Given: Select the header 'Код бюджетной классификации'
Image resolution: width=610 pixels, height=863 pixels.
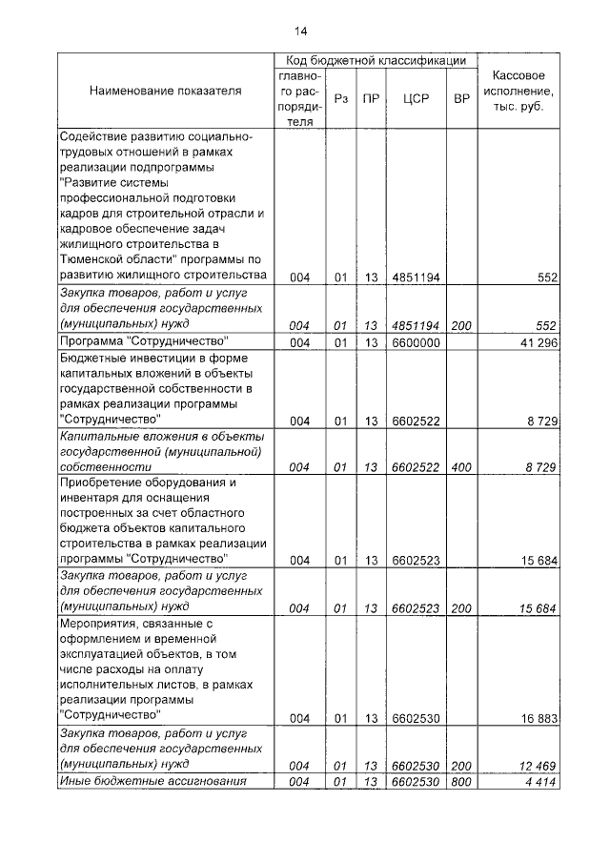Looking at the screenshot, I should point(369,60).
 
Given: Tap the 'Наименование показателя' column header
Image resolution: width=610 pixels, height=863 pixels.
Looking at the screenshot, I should point(165,91).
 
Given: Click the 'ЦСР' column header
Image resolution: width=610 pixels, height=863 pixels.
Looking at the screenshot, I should point(416,98).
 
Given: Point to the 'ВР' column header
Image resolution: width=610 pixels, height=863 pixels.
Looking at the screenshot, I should point(462,98).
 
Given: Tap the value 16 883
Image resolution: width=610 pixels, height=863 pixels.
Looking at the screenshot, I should point(536,718).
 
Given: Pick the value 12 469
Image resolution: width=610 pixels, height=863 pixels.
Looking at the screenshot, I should point(536,765).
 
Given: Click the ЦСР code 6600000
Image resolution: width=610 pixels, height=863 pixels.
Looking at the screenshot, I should point(416,341).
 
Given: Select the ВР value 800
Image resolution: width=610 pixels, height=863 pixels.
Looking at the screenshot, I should point(462,782).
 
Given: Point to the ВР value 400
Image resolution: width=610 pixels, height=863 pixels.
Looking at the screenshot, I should point(462,467).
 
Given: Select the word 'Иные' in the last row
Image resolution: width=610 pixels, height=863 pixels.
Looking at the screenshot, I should point(76,781).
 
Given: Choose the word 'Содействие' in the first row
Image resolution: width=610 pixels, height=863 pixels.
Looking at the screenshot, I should point(93,136).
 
